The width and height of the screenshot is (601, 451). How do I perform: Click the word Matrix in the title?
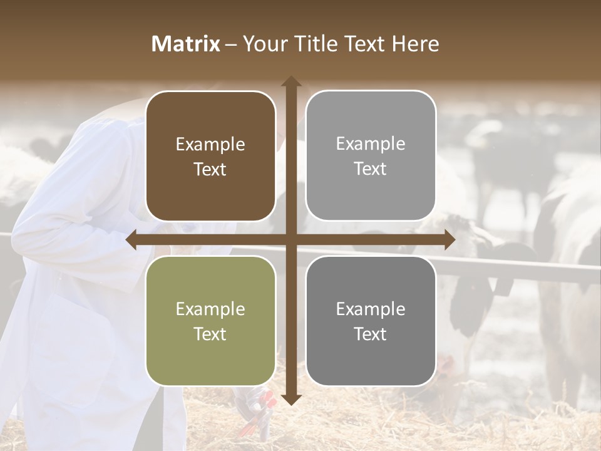[186, 44]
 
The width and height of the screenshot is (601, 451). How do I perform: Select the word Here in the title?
[416, 44]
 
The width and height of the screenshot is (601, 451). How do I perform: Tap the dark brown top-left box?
[210, 156]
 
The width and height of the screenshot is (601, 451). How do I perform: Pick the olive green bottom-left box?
[210, 321]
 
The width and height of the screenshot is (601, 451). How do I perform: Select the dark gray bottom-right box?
[371, 321]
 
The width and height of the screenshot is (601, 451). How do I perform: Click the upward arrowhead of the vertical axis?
[291, 81]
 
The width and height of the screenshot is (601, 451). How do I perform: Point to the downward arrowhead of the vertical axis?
[291, 399]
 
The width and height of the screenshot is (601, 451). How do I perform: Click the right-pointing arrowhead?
[449, 240]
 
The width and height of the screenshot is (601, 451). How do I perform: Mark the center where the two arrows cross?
[291, 240]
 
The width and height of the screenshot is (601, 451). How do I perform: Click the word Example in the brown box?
[210, 145]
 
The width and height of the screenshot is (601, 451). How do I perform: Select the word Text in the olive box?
[210, 334]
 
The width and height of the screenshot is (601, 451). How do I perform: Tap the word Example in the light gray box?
[371, 144]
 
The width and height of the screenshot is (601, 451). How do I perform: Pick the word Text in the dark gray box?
[371, 334]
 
